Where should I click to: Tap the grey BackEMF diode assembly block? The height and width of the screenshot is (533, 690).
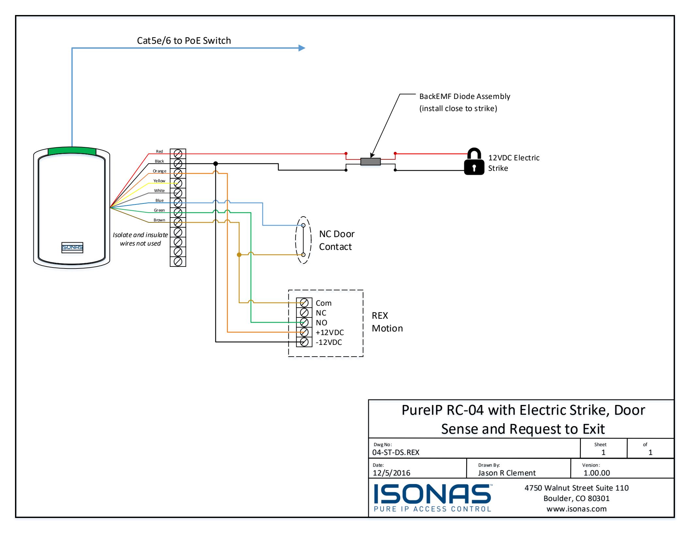coord(370,162)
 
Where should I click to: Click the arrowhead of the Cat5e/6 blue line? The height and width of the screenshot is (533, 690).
coord(302,48)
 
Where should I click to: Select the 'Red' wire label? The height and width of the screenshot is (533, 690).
coord(159,151)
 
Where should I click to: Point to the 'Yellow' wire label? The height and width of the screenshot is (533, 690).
coord(159,181)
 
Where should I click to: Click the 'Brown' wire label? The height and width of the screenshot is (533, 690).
coord(159,220)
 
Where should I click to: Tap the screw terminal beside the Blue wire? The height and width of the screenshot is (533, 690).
coord(178,203)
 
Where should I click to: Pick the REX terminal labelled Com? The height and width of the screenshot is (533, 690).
coord(304,303)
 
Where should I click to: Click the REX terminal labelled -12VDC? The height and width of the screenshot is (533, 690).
coord(304,342)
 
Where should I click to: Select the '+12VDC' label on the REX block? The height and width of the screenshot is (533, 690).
coord(330,332)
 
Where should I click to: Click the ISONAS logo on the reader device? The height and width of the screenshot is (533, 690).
coord(72,248)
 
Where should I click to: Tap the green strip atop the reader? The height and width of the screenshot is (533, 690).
coord(72,151)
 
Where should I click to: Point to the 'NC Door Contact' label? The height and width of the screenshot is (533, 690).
coord(337,240)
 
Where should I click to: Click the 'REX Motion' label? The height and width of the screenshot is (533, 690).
coord(387,322)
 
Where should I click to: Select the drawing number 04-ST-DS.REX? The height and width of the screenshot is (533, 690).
coord(396,452)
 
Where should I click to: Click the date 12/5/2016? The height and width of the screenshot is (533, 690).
coord(391,473)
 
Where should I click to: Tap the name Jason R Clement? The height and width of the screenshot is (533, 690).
coord(507,473)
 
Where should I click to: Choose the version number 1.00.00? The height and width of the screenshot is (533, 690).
coord(597,473)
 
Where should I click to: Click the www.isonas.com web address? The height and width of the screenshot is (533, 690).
coord(577,509)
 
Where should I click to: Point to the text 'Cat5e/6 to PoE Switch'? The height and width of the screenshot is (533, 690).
coord(184,40)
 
